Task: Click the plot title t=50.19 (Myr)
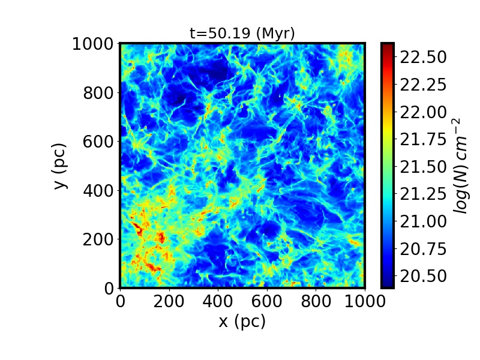[x=242, y=34]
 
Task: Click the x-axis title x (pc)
[x=242, y=322]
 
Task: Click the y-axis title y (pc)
[x=60, y=166]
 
